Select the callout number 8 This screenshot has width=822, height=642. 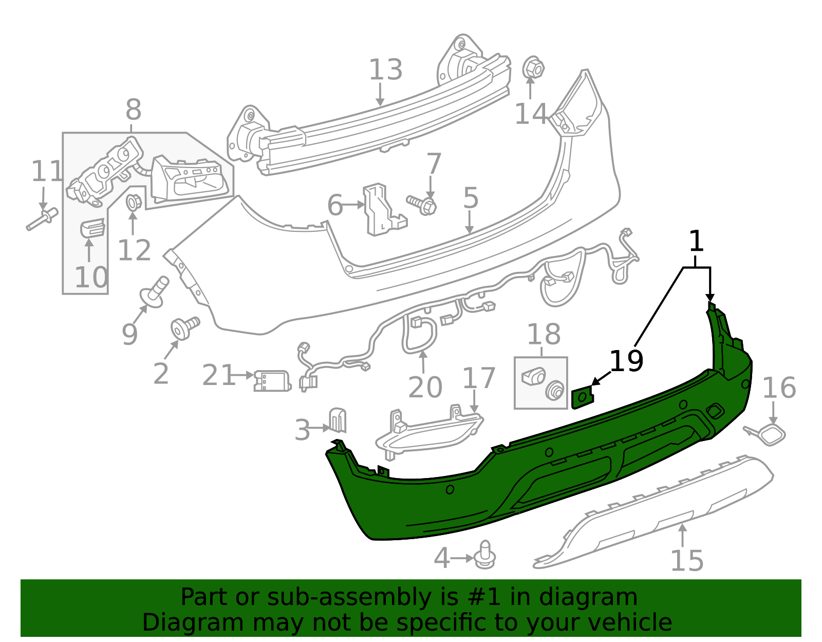point(133,109)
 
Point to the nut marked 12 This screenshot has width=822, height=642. point(133,203)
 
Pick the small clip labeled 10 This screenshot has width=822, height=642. point(92,228)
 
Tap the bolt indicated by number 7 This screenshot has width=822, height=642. point(422,205)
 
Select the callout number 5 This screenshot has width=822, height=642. point(471,198)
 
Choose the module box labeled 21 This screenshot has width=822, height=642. point(271,380)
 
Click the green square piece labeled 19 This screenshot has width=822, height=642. point(582,398)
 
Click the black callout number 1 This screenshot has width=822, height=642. point(696,241)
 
